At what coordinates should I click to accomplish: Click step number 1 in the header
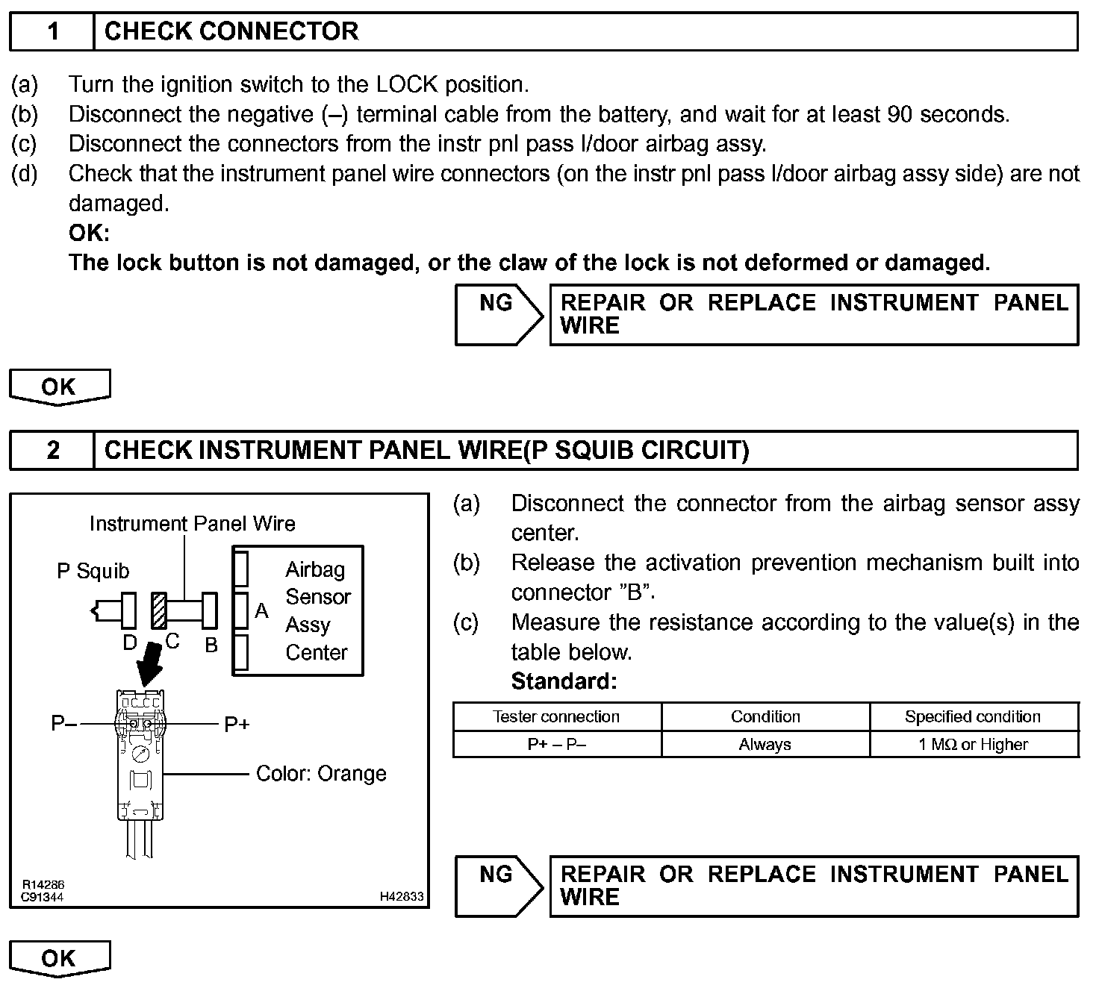point(52,31)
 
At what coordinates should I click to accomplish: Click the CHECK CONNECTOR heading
point(231,31)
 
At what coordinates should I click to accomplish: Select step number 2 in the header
point(52,450)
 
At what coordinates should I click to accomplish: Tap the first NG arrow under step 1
point(499,314)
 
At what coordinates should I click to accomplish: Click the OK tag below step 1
point(60,387)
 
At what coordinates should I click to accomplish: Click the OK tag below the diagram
point(60,958)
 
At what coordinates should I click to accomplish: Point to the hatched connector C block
point(158,610)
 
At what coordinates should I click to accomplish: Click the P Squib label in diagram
point(93,572)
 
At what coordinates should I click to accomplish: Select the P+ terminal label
point(237,724)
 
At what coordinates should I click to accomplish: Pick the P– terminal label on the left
point(63,724)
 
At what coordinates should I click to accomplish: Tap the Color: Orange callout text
point(321,774)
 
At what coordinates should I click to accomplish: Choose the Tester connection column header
point(556,717)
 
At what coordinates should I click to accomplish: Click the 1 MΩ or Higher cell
point(973,745)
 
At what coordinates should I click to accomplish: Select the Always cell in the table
point(765,745)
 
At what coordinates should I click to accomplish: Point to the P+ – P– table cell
point(556,745)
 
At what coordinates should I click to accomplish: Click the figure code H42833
point(402,897)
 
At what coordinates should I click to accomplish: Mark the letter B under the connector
point(211,645)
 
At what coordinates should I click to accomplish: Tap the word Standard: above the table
point(564,681)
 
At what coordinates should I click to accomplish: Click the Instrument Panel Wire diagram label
point(192,524)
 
